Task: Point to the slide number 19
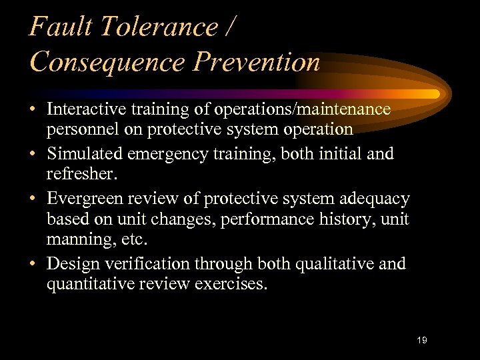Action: pyautogui.click(x=421, y=341)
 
